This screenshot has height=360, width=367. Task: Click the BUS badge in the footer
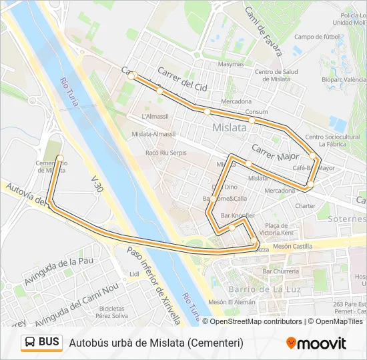(41, 343)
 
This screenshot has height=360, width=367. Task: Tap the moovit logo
(316, 343)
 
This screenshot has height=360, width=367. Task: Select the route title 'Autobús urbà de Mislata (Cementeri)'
(156, 343)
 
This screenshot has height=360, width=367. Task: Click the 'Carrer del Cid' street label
(183, 79)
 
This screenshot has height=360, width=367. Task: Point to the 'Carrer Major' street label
(275, 152)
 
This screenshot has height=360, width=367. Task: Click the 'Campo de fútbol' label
(318, 37)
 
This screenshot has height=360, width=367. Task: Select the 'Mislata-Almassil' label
(154, 134)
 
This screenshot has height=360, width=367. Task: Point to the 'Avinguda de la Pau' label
(58, 272)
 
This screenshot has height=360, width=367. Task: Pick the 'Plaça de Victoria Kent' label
(279, 229)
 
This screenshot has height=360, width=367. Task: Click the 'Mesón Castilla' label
(292, 247)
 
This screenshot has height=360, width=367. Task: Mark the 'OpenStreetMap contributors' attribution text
(257, 321)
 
